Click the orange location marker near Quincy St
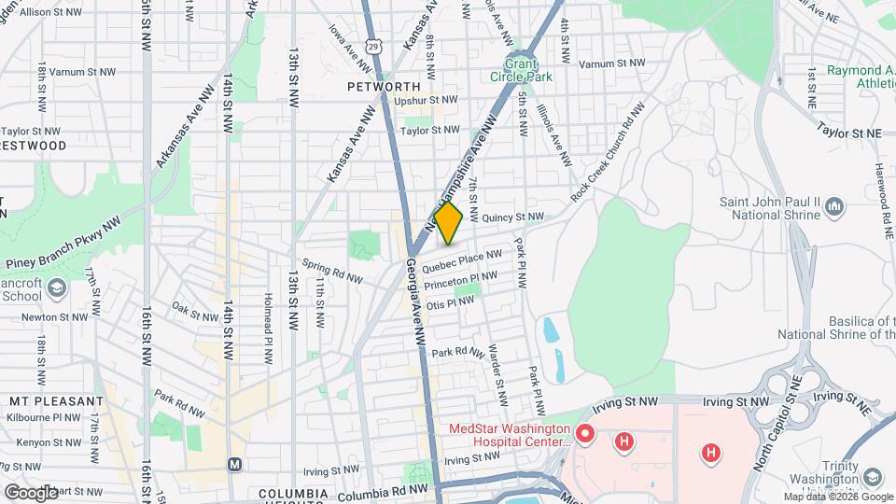(448, 224)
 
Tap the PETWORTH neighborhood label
(384, 86)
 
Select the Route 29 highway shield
(373, 45)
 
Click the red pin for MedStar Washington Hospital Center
(585, 433)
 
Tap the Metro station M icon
(235, 464)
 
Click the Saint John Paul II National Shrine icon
(834, 205)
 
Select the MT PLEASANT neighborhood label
(55, 400)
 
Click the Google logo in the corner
(30, 491)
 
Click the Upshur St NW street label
(426, 100)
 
